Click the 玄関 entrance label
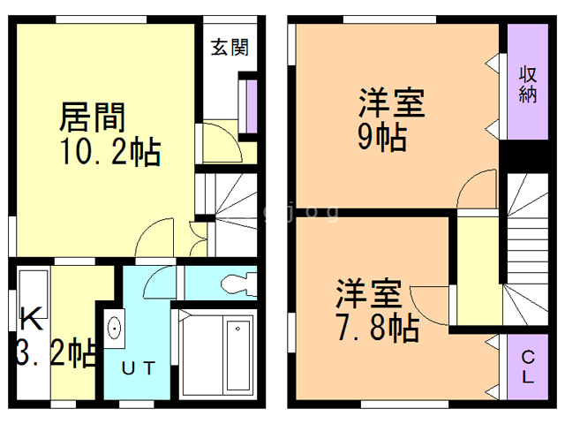point(228,48)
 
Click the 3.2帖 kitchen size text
point(55,352)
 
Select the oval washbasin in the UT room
point(114,329)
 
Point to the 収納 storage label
point(527,83)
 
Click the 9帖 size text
point(381,138)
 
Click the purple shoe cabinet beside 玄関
point(250,107)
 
